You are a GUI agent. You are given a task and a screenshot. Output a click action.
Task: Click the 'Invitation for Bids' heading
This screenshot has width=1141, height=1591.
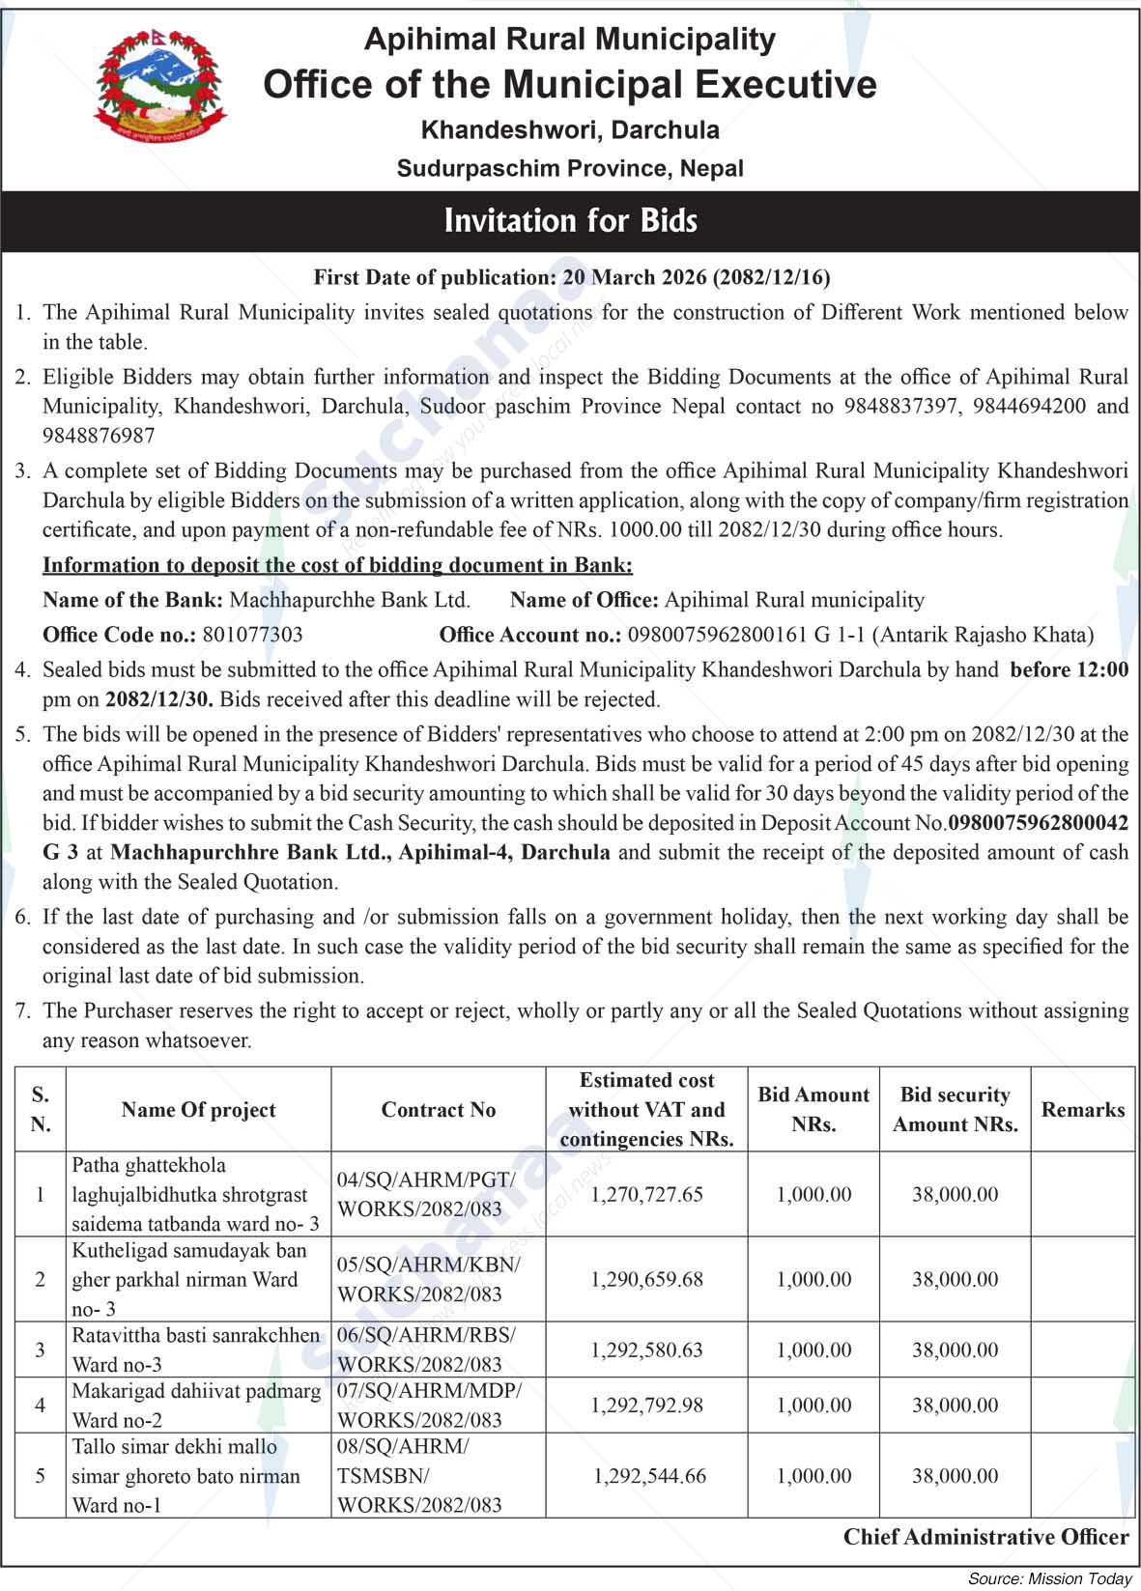(x=570, y=221)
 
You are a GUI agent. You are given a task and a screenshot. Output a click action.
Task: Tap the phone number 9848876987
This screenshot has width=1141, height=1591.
(x=99, y=436)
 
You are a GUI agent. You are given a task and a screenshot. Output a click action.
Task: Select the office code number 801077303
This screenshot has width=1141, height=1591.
(x=251, y=635)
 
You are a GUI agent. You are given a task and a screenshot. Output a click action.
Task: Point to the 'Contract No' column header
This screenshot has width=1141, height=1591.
(x=439, y=1110)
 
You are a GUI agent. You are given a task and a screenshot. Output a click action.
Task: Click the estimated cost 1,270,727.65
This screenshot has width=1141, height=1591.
(x=646, y=1194)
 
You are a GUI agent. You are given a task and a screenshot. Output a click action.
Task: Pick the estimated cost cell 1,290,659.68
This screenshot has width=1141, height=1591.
(x=646, y=1279)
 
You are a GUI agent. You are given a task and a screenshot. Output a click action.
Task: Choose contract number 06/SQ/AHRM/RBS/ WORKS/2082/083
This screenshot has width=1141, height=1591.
(x=426, y=1350)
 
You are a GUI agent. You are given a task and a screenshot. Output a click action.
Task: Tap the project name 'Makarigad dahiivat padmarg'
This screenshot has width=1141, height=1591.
(x=196, y=1392)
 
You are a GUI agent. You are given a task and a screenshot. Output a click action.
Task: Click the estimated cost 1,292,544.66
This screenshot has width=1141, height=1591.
(x=649, y=1476)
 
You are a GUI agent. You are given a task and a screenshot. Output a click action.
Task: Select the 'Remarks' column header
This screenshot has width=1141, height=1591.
(x=1083, y=1110)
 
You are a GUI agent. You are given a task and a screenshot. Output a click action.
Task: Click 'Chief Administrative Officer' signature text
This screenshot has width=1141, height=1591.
(x=985, y=1537)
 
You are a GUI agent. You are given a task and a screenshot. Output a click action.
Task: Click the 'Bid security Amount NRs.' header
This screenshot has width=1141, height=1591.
(x=955, y=1110)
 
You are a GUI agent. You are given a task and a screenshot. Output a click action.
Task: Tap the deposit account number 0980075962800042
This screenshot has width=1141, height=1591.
(x=1039, y=823)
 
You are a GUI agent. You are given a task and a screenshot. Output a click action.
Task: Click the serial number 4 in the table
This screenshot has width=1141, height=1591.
(x=40, y=1406)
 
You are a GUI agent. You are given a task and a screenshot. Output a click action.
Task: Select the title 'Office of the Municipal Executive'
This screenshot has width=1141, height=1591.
(x=570, y=85)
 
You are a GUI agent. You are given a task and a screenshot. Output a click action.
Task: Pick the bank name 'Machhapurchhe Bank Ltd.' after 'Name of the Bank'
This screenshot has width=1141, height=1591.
(x=350, y=600)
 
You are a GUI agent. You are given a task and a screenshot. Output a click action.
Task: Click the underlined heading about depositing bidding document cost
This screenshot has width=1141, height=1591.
(x=337, y=565)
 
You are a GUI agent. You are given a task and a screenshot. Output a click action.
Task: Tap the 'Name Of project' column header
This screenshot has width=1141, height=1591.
(x=198, y=1110)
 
